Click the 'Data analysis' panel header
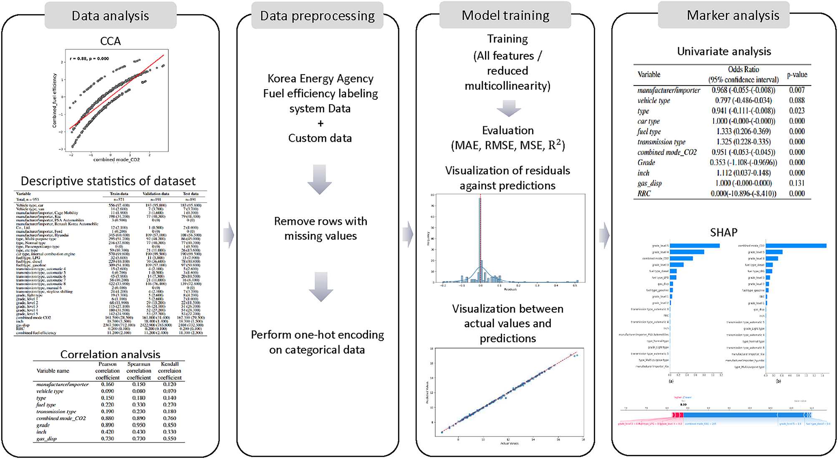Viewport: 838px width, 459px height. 110,16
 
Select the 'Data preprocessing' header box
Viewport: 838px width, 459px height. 317,16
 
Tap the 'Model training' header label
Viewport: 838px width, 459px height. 505,15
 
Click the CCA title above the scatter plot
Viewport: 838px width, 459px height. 110,41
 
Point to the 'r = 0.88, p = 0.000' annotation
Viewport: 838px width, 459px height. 89,59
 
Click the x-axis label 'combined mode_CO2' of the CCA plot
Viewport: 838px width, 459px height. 116,160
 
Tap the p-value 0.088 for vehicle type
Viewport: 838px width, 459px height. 797,100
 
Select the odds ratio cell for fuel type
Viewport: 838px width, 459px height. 743,132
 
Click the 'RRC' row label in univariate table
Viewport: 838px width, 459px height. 644,193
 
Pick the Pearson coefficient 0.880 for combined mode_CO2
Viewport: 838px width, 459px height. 107,418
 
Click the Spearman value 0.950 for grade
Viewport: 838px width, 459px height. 139,425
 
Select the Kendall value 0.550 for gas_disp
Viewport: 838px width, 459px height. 169,439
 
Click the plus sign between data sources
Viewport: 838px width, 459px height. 320,123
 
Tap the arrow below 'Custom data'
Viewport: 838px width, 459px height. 320,179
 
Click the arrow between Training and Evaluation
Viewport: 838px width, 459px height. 508,108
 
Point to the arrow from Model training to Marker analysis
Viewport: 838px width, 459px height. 603,236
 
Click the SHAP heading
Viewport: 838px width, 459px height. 724,232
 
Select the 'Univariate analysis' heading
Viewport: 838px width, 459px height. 724,51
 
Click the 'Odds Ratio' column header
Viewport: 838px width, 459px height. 743,70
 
